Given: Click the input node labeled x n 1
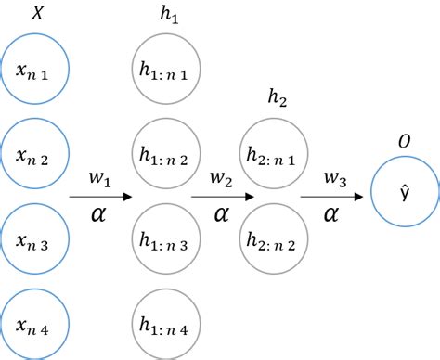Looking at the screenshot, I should (x=36, y=71).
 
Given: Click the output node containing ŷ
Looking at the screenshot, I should (x=405, y=193).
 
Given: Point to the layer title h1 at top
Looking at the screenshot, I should (x=168, y=18).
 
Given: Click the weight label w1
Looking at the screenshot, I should (x=100, y=177).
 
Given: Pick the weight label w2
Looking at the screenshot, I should (x=221, y=177).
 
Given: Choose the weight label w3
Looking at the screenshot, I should (x=334, y=177).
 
